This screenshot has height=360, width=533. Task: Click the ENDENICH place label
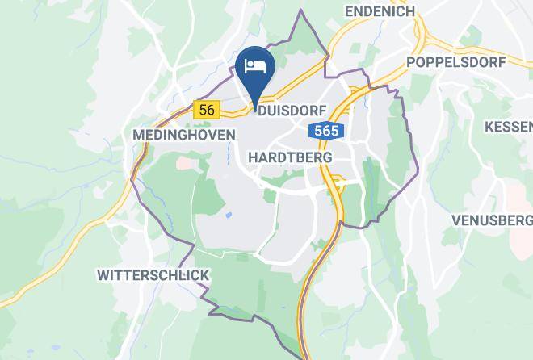click(x=379, y=11)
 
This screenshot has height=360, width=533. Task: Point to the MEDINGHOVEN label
click(x=183, y=135)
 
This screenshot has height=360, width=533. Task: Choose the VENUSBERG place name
click(x=492, y=220)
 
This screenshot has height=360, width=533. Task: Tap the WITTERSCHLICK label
click(x=153, y=275)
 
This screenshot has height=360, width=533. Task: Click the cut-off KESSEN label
click(x=509, y=127)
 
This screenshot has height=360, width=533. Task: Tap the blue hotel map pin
click(x=256, y=69)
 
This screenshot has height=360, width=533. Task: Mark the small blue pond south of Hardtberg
click(x=229, y=216)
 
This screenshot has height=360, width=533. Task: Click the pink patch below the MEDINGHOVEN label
click(x=186, y=162)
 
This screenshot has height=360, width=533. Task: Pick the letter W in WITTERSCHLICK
click(x=103, y=275)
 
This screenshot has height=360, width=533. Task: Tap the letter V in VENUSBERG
click(x=456, y=220)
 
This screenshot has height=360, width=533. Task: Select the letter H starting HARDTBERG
click(x=254, y=157)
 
